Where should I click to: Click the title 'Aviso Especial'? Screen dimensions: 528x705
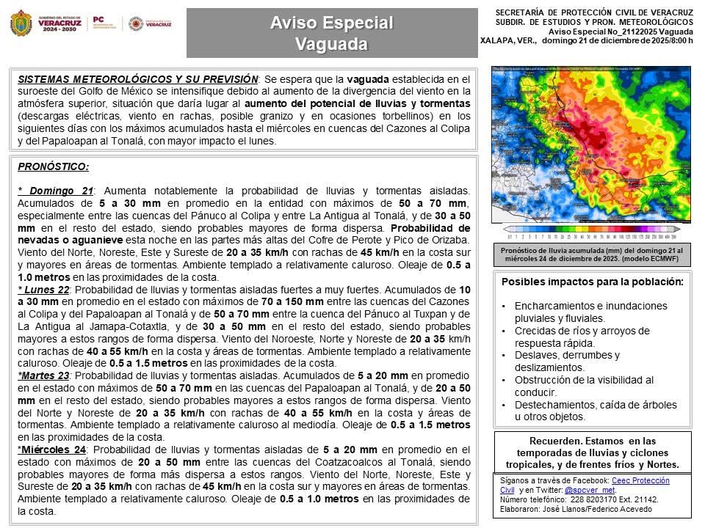tap(331, 23)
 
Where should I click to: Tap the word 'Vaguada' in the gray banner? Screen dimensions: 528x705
tap(331, 44)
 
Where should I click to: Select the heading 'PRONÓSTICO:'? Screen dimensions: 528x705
tap(53, 166)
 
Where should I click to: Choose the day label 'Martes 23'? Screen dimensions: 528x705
tap(45, 375)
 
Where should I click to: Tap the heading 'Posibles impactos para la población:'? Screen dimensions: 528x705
tap(592, 282)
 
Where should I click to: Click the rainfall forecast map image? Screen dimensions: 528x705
tap(591, 144)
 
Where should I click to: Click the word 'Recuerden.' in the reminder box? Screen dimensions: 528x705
tap(556, 441)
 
